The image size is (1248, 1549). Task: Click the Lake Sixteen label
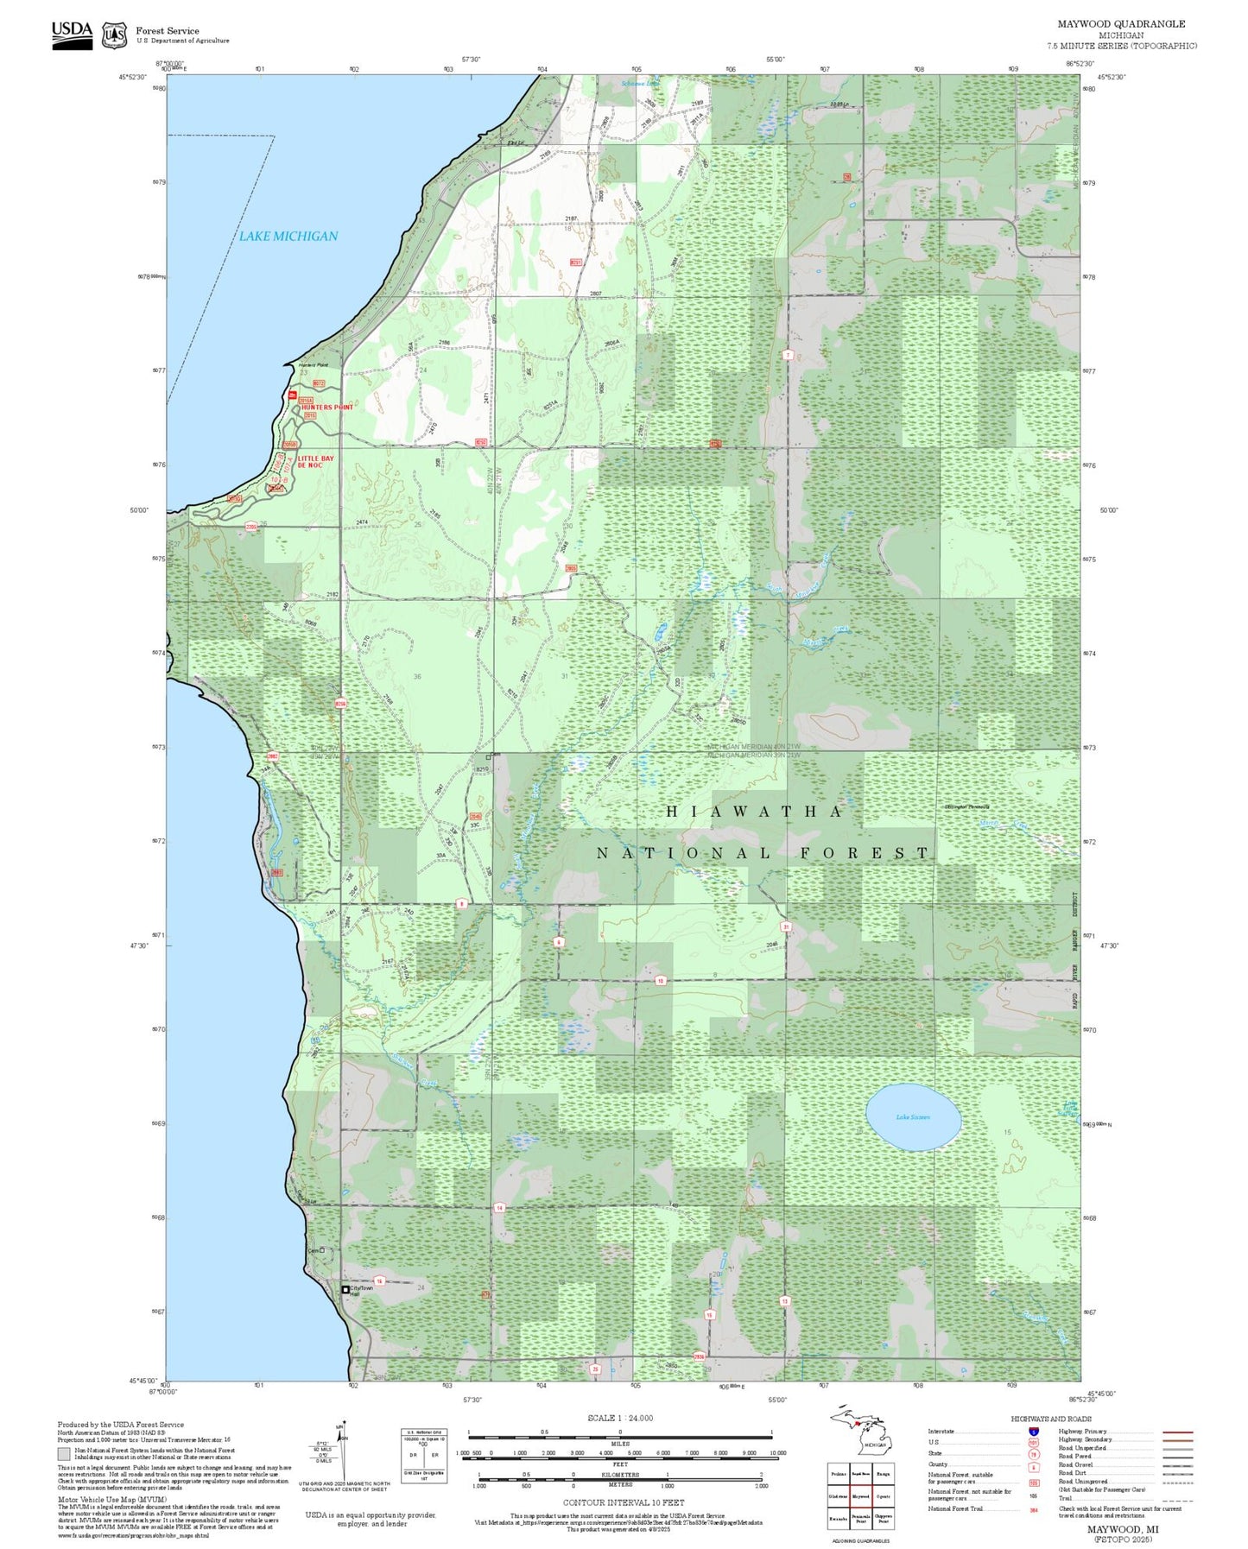[913, 1117]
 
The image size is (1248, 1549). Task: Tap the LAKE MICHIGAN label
[288, 236]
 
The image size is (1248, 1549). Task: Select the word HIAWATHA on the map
[754, 812]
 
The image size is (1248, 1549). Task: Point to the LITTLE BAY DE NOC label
[315, 461]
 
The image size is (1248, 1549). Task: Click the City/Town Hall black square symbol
[345, 1289]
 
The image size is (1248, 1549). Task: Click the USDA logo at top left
[72, 35]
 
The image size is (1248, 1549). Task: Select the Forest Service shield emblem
[114, 35]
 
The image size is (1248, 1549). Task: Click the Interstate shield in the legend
[1033, 1431]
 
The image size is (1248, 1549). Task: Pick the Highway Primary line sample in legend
[1177, 1432]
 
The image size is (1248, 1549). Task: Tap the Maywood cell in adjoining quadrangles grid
[860, 1496]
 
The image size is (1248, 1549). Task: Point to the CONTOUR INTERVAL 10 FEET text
[623, 1503]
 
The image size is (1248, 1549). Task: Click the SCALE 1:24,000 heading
[620, 1418]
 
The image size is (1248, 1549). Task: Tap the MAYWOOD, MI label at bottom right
[1123, 1529]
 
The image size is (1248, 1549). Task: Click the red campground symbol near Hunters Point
[293, 395]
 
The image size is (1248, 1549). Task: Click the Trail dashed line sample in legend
[1177, 1501]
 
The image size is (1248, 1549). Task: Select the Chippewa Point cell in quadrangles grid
[883, 1519]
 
